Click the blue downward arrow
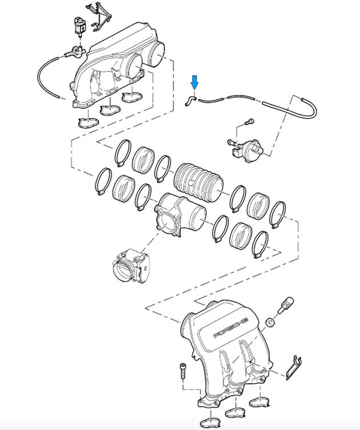(x=195, y=83)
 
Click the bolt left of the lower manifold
(x=183, y=371)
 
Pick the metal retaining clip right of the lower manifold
(x=293, y=368)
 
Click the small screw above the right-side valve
(x=249, y=121)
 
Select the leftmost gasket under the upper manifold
(x=87, y=122)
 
